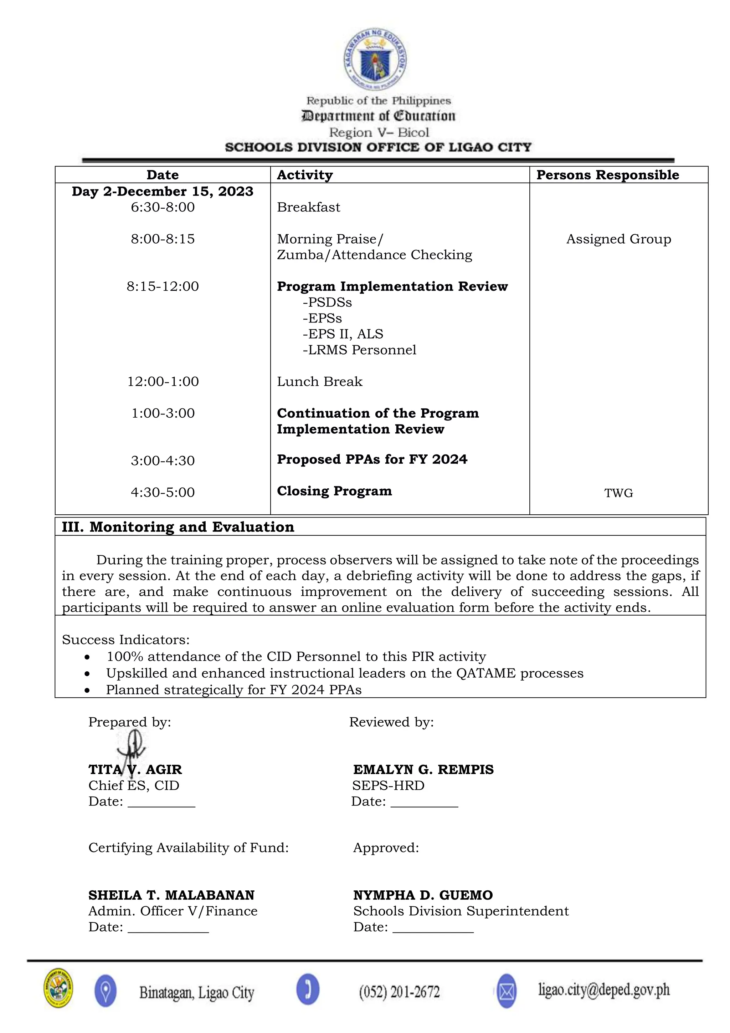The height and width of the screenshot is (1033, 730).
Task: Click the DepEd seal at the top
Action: (x=376, y=59)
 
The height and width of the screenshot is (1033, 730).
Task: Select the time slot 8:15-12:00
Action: (x=163, y=286)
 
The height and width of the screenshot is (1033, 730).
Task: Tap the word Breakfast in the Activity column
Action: (x=308, y=207)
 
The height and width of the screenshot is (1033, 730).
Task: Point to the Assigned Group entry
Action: (x=618, y=239)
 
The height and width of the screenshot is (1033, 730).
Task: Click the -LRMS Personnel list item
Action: (x=360, y=350)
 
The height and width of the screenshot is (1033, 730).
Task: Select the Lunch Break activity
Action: (x=320, y=382)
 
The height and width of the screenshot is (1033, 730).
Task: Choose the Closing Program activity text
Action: (x=334, y=491)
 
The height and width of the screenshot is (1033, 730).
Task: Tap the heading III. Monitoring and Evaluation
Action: (x=178, y=527)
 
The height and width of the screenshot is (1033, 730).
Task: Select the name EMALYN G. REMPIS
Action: (x=423, y=769)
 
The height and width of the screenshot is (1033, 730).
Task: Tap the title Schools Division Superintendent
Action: (x=461, y=911)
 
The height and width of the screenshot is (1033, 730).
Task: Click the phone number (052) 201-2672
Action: (x=399, y=992)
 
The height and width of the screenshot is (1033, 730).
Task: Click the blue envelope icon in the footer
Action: (x=507, y=992)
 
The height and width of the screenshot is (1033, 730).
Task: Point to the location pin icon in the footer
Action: (x=106, y=992)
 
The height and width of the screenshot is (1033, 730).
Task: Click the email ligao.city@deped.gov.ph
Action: (x=604, y=990)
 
